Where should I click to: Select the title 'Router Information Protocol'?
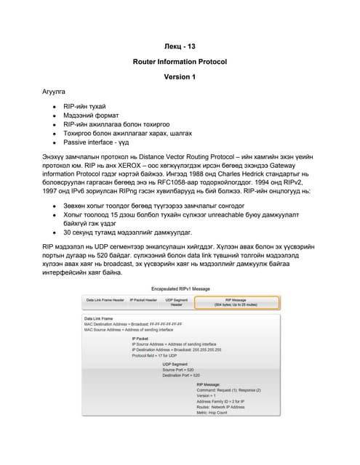(180, 62)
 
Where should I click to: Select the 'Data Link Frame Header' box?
(105, 301)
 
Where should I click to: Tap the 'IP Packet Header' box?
(143, 301)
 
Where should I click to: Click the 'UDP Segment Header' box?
(176, 302)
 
